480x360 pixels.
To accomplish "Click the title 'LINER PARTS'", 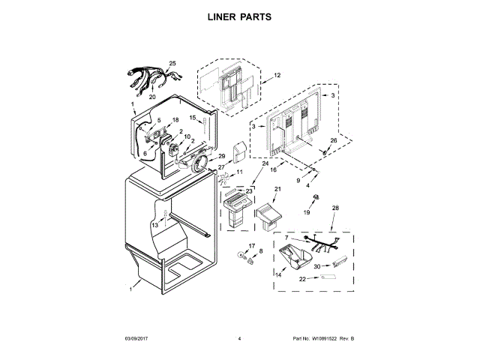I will [x=240, y=16].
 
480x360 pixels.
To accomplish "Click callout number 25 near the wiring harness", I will [x=172, y=64].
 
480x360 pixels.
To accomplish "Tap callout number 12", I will [x=277, y=76].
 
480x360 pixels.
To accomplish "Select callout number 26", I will [x=334, y=140].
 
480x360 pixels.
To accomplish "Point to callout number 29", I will [x=221, y=156].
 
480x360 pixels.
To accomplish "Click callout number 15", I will [x=192, y=118].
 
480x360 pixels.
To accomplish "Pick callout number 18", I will [x=175, y=120].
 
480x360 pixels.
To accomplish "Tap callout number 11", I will [x=240, y=172].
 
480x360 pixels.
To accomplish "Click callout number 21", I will [x=276, y=189].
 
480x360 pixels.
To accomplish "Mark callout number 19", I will [x=306, y=213].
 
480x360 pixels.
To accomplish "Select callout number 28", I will [x=335, y=208].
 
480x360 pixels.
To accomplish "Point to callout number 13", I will [x=154, y=224].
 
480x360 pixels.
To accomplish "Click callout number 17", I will [x=252, y=246].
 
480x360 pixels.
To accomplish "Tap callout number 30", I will [x=317, y=266].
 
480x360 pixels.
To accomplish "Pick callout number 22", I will [x=302, y=279].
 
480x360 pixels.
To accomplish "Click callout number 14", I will [x=277, y=275].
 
